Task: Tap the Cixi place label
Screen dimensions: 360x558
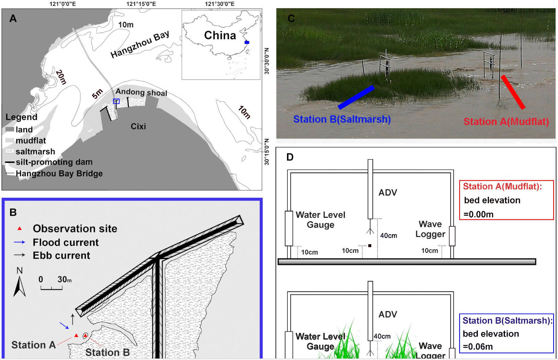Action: pyautogui.click(x=138, y=127)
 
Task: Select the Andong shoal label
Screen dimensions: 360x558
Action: pyautogui.click(x=141, y=92)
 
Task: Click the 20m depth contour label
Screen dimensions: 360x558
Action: pyautogui.click(x=61, y=77)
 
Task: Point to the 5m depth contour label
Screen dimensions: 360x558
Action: pyautogui.click(x=97, y=94)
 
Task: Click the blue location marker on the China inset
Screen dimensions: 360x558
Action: pyautogui.click(x=247, y=42)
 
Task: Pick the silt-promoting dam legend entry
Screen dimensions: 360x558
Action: pyautogui.click(x=54, y=162)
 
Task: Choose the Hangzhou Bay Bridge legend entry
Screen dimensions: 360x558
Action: pyautogui.click(x=59, y=173)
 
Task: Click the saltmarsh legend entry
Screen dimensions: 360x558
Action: pyautogui.click(x=35, y=151)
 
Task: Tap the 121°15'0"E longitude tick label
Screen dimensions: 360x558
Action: pyautogui.click(x=141, y=4)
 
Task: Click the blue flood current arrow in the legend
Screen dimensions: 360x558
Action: pyautogui.click(x=19, y=242)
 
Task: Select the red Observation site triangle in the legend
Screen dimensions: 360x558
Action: pyautogui.click(x=20, y=229)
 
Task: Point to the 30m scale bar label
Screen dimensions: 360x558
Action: pyautogui.click(x=64, y=279)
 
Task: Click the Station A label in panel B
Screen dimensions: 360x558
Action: pyautogui.click(x=33, y=345)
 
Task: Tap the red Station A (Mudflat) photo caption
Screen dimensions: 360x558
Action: pyautogui.click(x=506, y=122)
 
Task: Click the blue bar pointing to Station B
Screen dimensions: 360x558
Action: pyautogui.click(x=356, y=97)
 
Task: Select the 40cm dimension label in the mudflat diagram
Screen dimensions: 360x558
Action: pyautogui.click(x=388, y=236)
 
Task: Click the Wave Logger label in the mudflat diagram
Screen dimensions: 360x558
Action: pyautogui.click(x=430, y=229)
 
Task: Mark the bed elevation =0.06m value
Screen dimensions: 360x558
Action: pyautogui.click(x=478, y=347)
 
